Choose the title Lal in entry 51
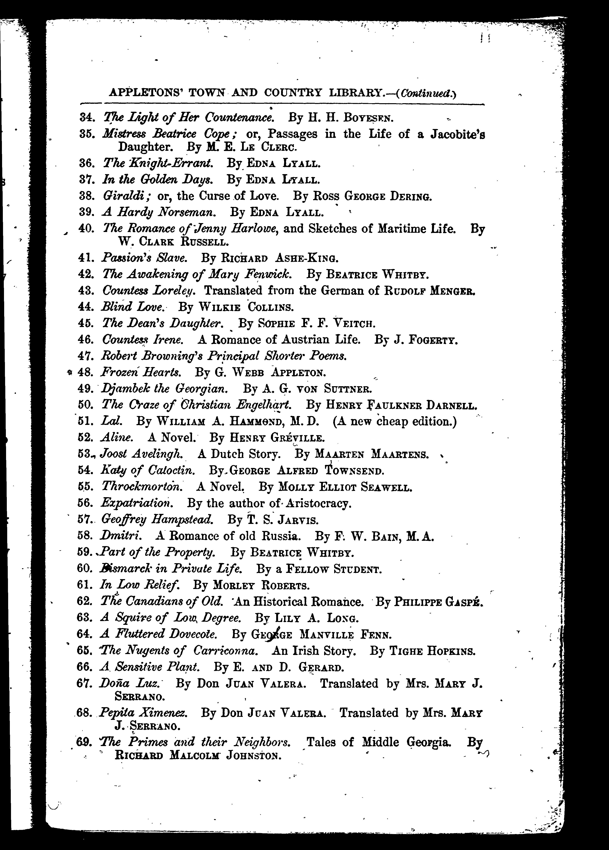click(111, 421)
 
